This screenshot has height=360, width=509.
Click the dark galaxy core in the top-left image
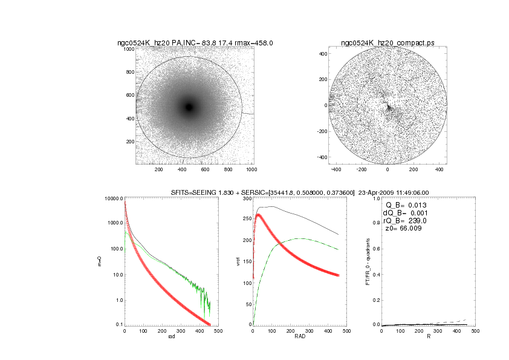(189, 107)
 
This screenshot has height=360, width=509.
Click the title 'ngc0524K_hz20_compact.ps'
(387, 43)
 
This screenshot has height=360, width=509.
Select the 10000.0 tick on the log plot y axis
(113, 198)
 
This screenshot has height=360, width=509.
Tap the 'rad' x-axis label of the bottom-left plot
(171, 336)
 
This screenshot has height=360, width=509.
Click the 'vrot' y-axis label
(239, 261)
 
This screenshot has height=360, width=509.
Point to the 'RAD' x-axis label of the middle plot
(300, 336)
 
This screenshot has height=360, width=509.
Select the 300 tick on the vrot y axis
(247, 198)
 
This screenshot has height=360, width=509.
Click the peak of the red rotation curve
(259, 215)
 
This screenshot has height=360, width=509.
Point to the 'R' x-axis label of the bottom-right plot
(428, 336)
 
